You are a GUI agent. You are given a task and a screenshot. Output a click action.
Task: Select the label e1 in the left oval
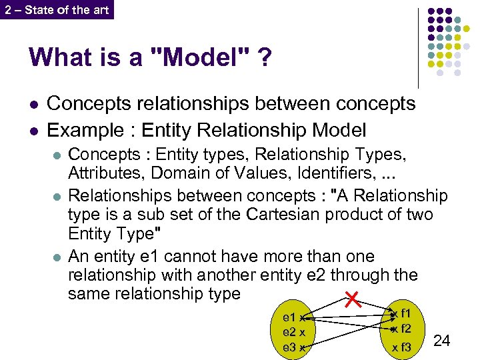289,318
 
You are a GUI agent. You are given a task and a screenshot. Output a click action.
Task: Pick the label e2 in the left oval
289,332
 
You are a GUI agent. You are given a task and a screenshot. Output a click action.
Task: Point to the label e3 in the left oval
289,347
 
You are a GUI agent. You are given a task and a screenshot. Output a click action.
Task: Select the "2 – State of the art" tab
57,9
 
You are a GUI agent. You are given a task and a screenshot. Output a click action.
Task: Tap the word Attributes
107,173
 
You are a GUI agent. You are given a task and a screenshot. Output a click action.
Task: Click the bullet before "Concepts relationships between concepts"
33,104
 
